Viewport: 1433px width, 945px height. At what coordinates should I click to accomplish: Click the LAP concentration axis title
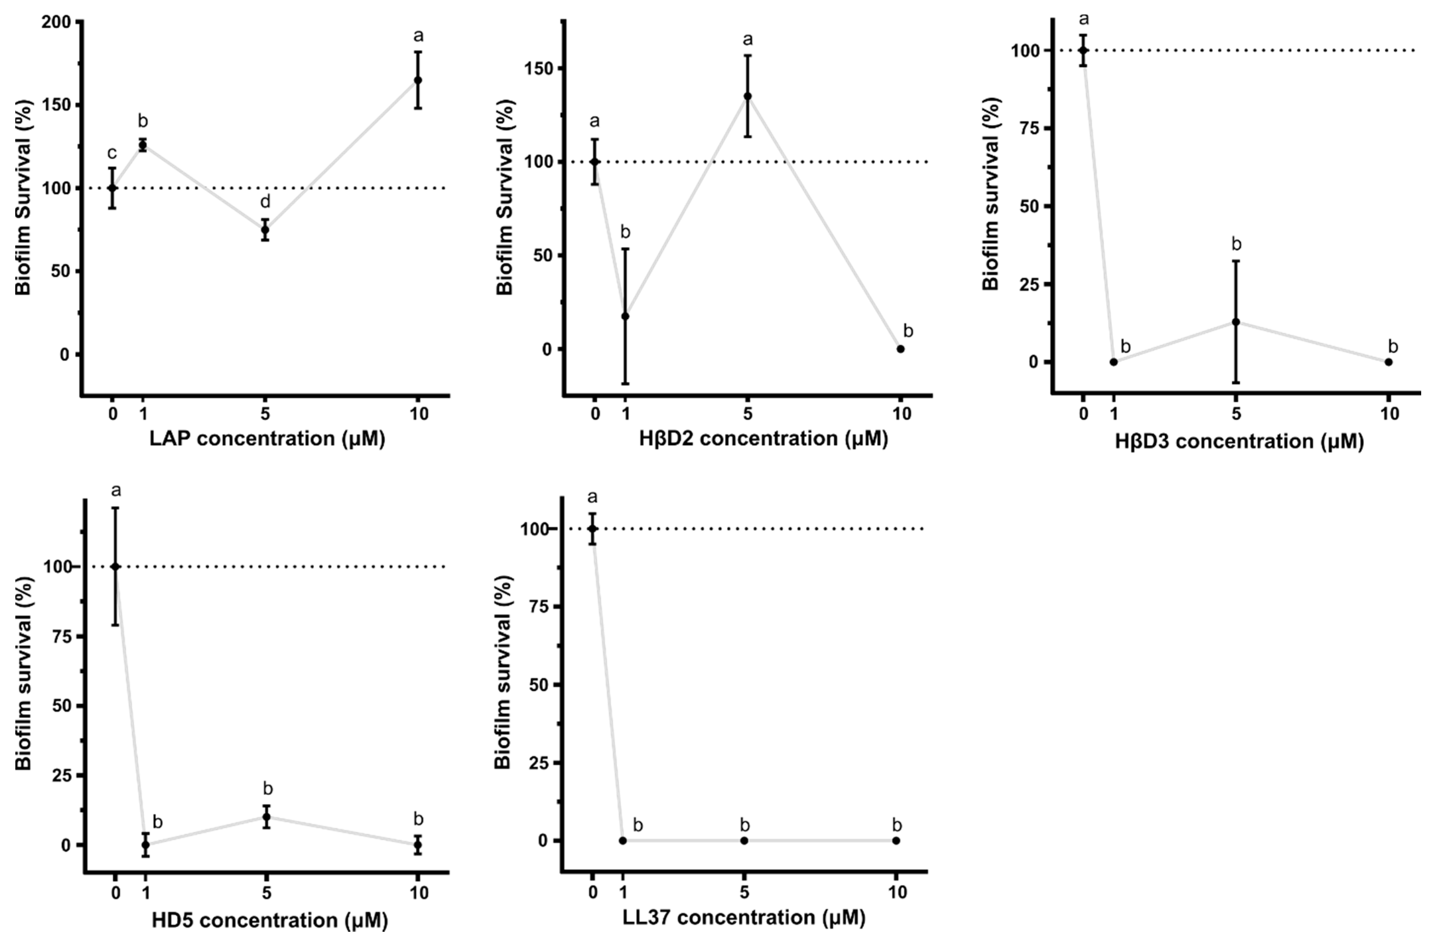(267, 439)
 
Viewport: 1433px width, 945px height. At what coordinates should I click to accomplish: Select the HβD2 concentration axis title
(763, 439)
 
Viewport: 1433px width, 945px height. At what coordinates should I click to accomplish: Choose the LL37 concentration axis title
(744, 918)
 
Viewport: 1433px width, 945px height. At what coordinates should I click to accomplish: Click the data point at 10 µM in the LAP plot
(418, 80)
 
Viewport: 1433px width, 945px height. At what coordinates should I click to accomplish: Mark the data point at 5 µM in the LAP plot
(265, 230)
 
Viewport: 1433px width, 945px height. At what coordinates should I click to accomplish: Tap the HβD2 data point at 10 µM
(901, 349)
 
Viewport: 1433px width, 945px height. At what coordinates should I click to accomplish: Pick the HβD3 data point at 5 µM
(1236, 322)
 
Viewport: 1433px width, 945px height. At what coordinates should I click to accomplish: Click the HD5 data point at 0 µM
(115, 567)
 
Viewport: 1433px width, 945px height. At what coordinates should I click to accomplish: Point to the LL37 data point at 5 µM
(744, 840)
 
